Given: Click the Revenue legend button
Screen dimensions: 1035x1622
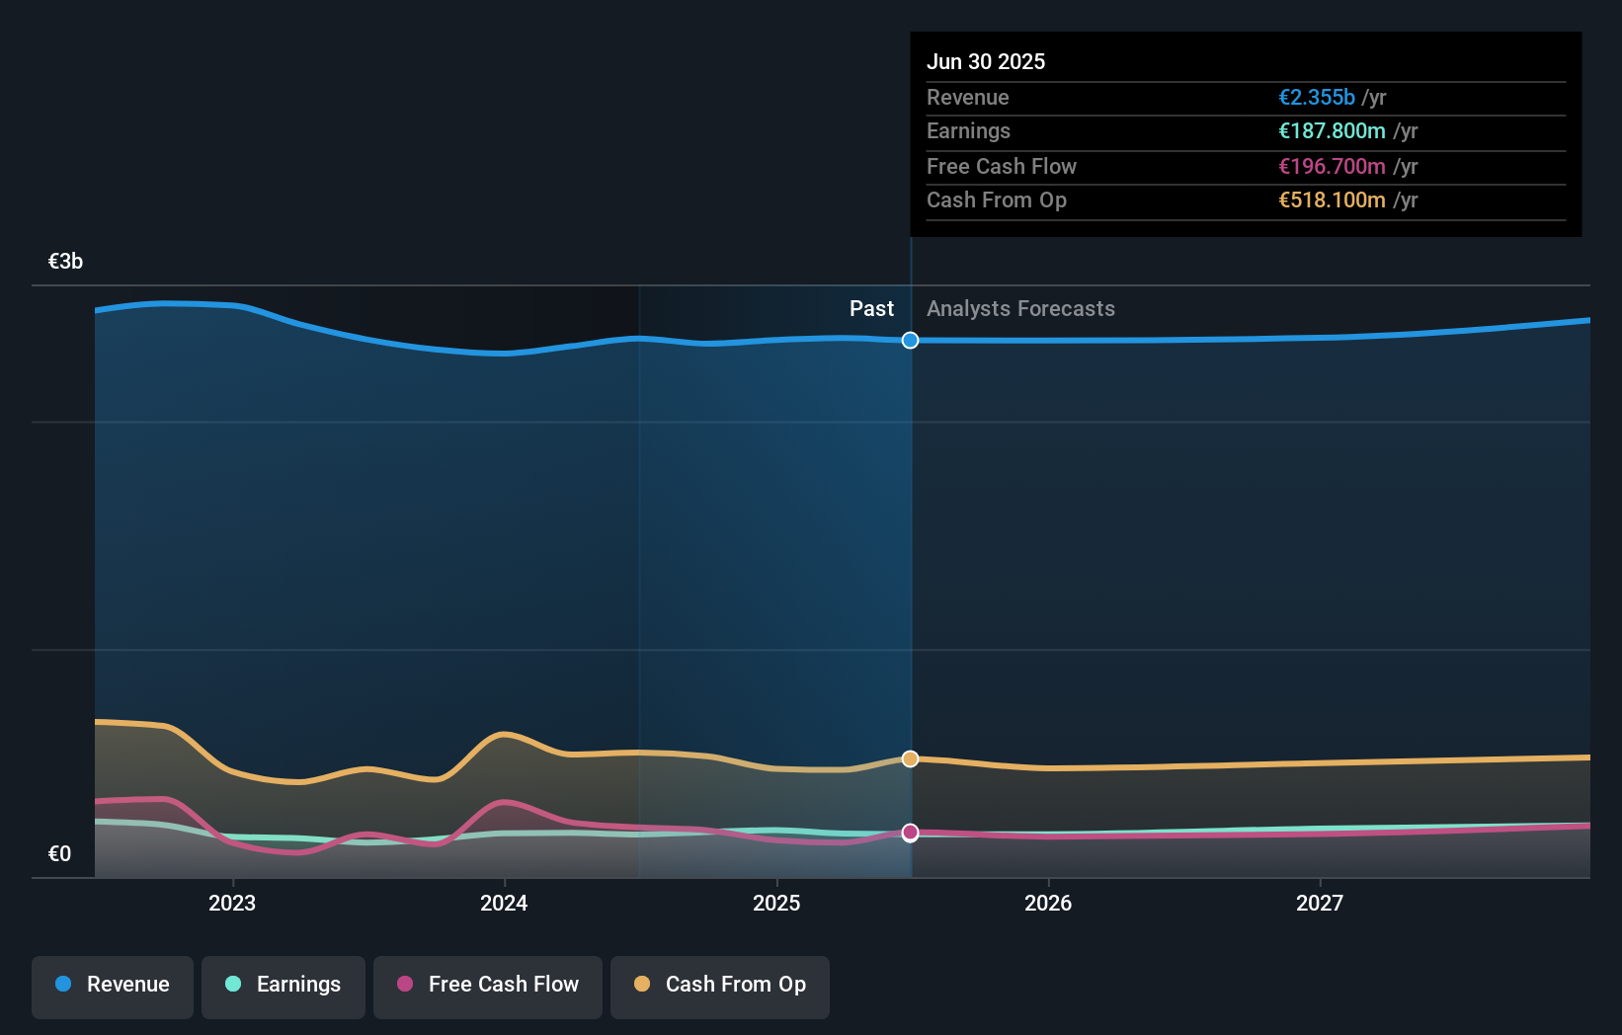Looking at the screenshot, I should pyautogui.click(x=113, y=985).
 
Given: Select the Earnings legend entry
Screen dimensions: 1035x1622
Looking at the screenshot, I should pyautogui.click(x=284, y=985).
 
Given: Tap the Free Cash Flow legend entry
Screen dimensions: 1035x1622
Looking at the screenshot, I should pyautogui.click(x=488, y=985).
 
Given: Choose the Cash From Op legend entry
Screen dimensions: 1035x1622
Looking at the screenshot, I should pyautogui.click(x=720, y=985).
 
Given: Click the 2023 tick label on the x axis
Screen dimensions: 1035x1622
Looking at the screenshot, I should pyautogui.click(x=232, y=903).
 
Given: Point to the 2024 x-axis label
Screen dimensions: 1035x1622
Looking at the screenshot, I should pyautogui.click(x=504, y=903).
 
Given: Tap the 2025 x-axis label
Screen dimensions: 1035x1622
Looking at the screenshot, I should pyautogui.click(x=776, y=903).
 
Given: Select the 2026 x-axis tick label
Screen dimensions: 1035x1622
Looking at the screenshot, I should pyautogui.click(x=1048, y=903).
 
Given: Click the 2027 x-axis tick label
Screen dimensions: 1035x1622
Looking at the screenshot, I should pyautogui.click(x=1320, y=903).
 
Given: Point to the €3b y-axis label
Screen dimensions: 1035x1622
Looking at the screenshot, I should pyautogui.click(x=65, y=262).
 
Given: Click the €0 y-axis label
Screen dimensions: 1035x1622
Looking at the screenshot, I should pyautogui.click(x=59, y=854).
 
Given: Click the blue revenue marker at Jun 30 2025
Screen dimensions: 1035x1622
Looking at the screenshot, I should pyautogui.click(x=910, y=340).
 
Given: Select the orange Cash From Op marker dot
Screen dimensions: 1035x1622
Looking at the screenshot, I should pyautogui.click(x=910, y=758).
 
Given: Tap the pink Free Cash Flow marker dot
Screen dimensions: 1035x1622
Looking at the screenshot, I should pyautogui.click(x=910, y=833).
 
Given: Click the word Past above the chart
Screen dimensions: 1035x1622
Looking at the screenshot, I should pyautogui.click(x=871, y=309).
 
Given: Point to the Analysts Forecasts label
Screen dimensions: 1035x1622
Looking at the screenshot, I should pyautogui.click(x=1020, y=309).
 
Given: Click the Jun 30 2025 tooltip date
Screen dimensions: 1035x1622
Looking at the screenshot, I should pyautogui.click(x=985, y=62).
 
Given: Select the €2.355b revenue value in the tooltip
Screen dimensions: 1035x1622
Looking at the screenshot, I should pyautogui.click(x=1316, y=98).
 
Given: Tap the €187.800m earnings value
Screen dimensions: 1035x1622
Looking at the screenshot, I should pyautogui.click(x=1332, y=131).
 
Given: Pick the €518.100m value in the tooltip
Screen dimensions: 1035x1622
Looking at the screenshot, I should pyautogui.click(x=1332, y=200).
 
